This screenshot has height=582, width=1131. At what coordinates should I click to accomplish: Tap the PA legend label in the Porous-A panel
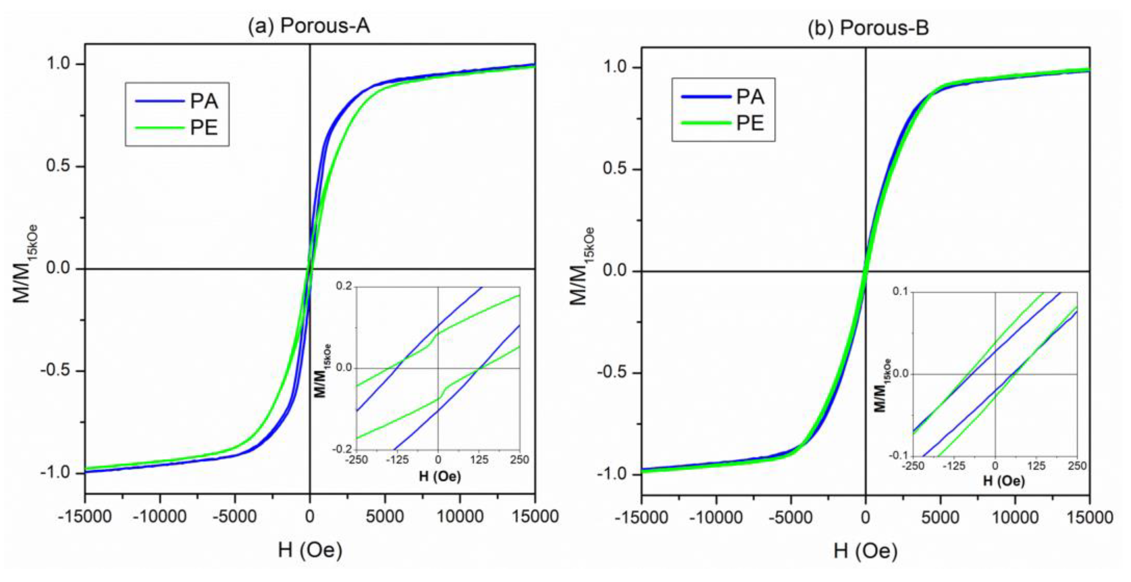tap(204, 101)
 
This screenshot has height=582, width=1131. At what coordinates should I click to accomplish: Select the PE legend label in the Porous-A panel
tap(204, 128)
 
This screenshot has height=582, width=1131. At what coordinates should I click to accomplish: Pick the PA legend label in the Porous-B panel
tap(750, 97)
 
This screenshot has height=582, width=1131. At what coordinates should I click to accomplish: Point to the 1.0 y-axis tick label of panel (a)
tap(60, 64)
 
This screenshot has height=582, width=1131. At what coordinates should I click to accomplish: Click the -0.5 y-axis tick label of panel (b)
tap(613, 374)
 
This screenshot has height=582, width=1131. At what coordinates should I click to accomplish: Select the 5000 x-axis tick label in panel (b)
tap(940, 518)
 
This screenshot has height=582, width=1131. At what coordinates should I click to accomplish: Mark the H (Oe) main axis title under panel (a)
tap(310, 550)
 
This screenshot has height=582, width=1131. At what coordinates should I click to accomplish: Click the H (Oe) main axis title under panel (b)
tap(865, 551)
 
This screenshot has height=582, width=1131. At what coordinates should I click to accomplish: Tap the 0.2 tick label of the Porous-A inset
tap(344, 287)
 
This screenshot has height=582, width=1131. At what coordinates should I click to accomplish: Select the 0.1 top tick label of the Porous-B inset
tap(901, 292)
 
